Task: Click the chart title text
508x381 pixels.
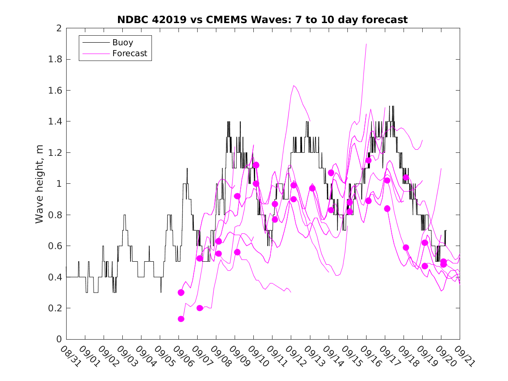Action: [x=262, y=20]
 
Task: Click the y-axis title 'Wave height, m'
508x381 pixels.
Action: [x=40, y=184]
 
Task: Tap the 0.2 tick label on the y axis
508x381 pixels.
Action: [x=55, y=308]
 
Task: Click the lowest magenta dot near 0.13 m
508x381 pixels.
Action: [x=181, y=319]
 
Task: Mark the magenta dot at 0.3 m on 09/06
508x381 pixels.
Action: [x=181, y=293]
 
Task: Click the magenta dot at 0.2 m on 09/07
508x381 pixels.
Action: [x=200, y=308]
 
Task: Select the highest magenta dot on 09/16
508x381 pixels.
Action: [x=368, y=160]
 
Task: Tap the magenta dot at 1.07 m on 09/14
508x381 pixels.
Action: [x=331, y=173]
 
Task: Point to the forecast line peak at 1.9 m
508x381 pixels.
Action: [x=366, y=44]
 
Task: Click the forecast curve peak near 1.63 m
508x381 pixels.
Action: [x=294, y=86]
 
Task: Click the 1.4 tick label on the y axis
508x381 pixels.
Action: [x=55, y=121]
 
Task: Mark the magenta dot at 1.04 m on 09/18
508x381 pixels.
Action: [x=406, y=178]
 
